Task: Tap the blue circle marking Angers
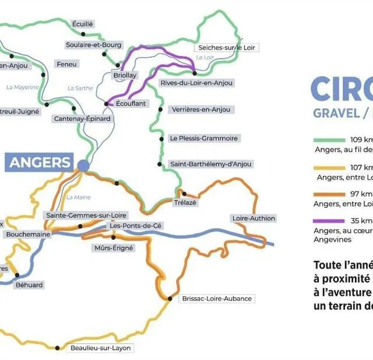click(83, 166)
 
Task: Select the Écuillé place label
click(82, 24)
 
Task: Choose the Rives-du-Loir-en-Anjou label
click(196, 83)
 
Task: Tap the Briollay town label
click(124, 75)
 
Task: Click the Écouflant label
click(131, 103)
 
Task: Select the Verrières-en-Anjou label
click(201, 110)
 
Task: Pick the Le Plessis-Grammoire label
click(203, 138)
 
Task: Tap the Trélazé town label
click(185, 202)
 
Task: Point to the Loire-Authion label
click(253, 218)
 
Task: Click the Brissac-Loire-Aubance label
click(217, 298)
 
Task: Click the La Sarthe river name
click(80, 88)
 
